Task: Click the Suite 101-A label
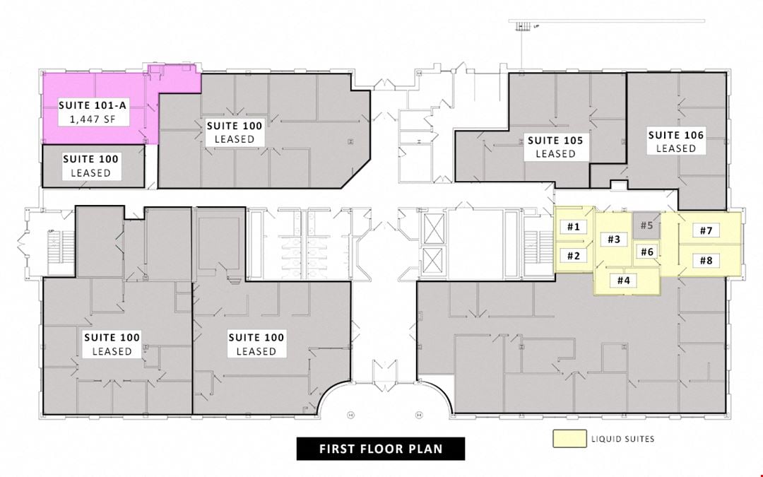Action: [93, 105]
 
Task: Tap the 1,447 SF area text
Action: [93, 119]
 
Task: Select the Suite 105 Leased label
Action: [555, 147]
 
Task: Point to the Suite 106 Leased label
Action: [676, 141]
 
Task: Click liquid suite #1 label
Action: [574, 226]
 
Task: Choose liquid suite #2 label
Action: [574, 256]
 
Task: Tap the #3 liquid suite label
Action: [614, 239]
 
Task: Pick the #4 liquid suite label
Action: [623, 280]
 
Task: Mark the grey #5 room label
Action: [646, 225]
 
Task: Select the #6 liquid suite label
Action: [647, 252]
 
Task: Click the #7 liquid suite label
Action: [706, 230]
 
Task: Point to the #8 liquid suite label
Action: [706, 260]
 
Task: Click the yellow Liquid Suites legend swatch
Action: [569, 439]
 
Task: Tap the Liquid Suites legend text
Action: [622, 439]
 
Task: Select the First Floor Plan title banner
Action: [381, 449]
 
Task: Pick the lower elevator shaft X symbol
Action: [432, 260]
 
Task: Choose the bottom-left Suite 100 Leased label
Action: [112, 344]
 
